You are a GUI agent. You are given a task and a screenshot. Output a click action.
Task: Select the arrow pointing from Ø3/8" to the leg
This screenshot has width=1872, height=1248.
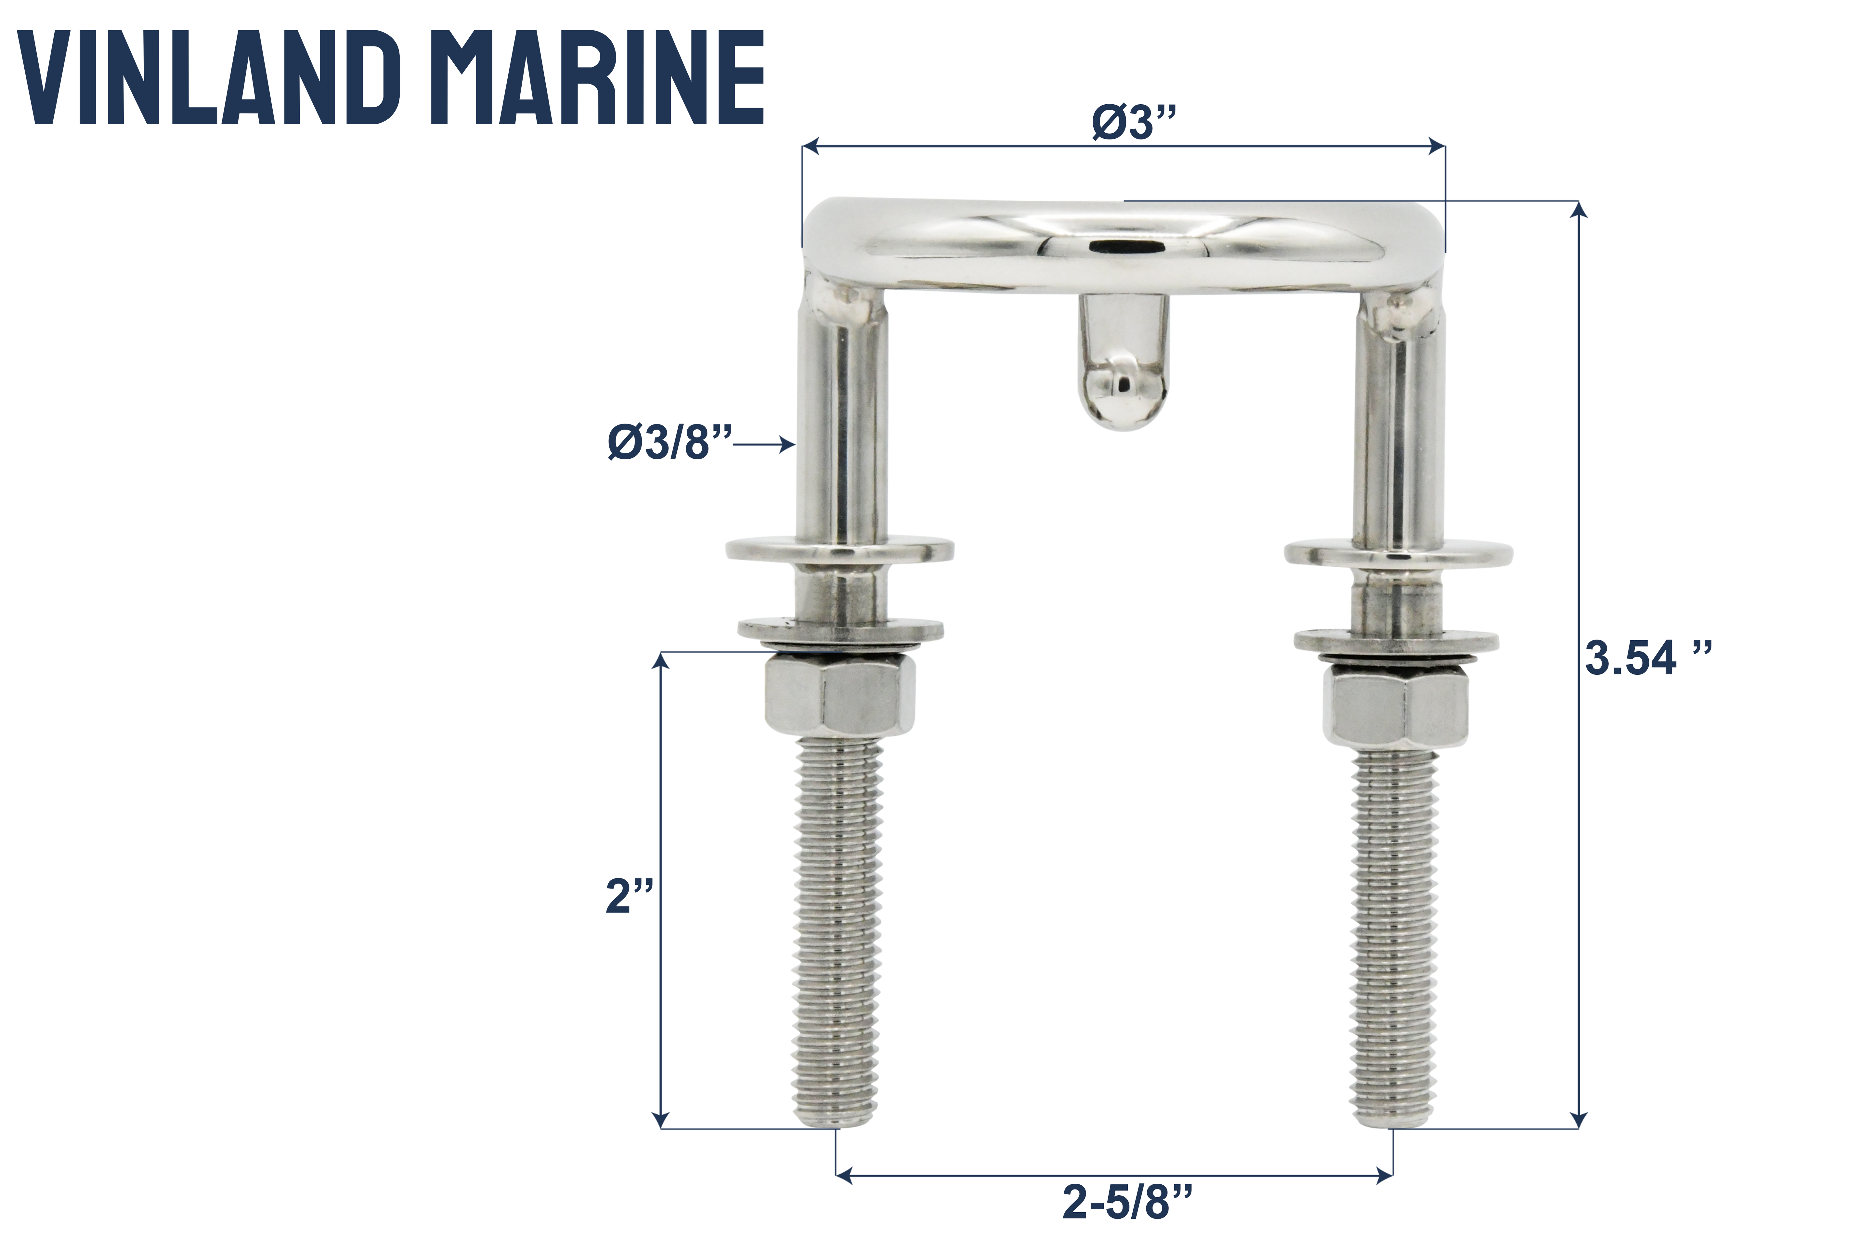764,445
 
